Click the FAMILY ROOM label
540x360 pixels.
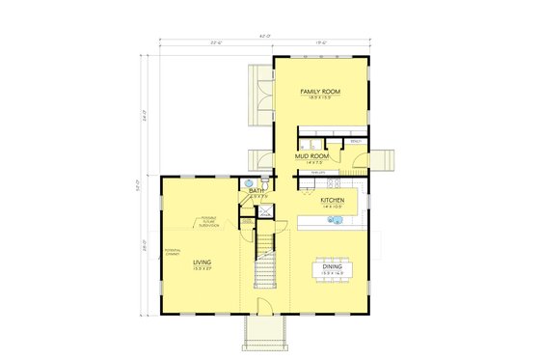tap(320, 91)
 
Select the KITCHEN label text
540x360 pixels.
tap(332, 200)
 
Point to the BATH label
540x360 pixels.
tap(256, 191)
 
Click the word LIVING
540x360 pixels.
tap(202, 263)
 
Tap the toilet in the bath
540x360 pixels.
tap(264, 181)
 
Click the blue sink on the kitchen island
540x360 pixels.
tap(337, 221)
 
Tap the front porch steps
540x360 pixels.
tap(263, 333)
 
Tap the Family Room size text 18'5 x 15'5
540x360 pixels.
tap(320, 98)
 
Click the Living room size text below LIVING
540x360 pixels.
tap(202, 269)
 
